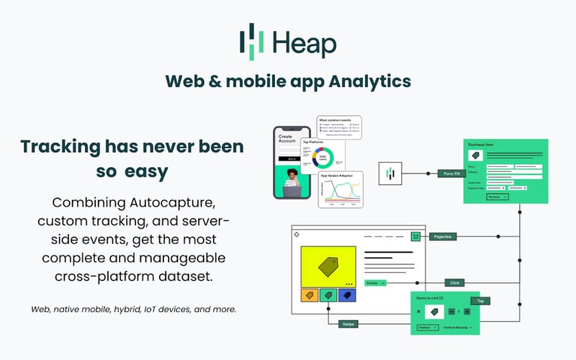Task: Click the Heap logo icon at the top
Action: tap(252, 42)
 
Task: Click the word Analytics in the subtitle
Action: tap(370, 81)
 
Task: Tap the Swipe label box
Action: tap(348, 323)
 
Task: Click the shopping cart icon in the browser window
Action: tap(415, 236)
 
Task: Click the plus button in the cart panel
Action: tap(467, 311)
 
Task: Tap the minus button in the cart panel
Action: tap(451, 311)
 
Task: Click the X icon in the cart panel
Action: tap(419, 312)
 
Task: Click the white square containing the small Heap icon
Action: tap(390, 174)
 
